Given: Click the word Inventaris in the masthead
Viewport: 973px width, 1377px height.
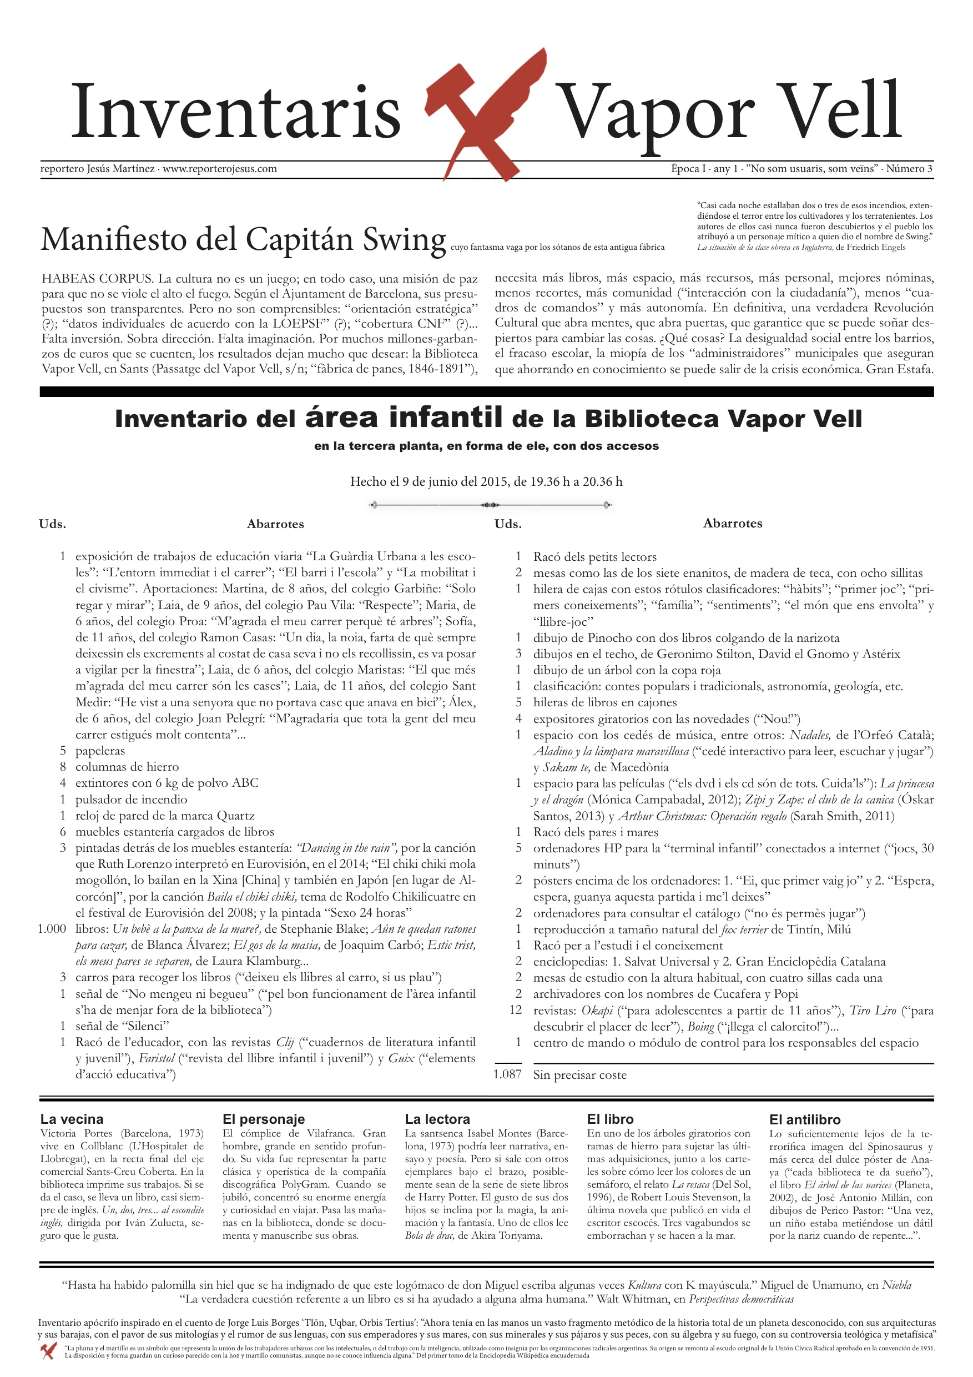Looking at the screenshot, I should pyautogui.click(x=235, y=112).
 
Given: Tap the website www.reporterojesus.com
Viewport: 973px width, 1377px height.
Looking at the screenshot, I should pyautogui.click(x=219, y=169).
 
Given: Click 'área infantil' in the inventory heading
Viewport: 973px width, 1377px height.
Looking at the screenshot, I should pyautogui.click(x=404, y=418).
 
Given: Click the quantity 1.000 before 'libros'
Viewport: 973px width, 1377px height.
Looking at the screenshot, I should pyautogui.click(x=52, y=929).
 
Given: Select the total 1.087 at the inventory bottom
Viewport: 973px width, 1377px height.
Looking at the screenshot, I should pyautogui.click(x=507, y=1074).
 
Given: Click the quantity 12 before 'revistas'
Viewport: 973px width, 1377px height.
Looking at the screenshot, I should pyautogui.click(x=515, y=1010).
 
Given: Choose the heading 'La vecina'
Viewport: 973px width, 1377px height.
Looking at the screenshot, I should pyautogui.click(x=72, y=1119).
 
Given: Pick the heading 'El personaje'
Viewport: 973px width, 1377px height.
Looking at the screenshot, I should pyautogui.click(x=263, y=1119).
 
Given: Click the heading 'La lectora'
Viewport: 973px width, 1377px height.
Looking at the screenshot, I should pyautogui.click(x=437, y=1119).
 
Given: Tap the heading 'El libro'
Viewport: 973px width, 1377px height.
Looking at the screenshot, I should pyautogui.click(x=611, y=1119).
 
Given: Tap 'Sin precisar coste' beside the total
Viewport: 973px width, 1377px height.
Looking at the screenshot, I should pyautogui.click(x=579, y=1075).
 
